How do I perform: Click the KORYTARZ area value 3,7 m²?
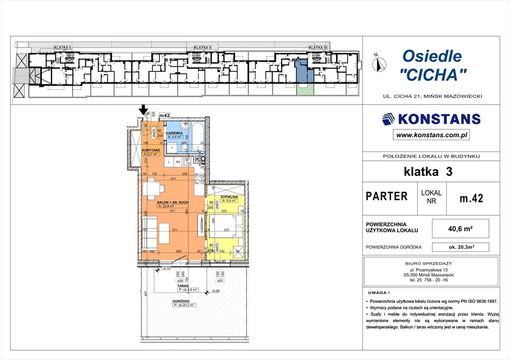(152, 154)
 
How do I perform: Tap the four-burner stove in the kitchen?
(199, 179)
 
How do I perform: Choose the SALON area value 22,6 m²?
(166, 206)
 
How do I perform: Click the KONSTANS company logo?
(431, 119)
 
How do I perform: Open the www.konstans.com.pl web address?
(431, 135)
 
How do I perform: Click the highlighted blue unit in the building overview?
(302, 71)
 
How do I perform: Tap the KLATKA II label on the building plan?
(203, 48)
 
